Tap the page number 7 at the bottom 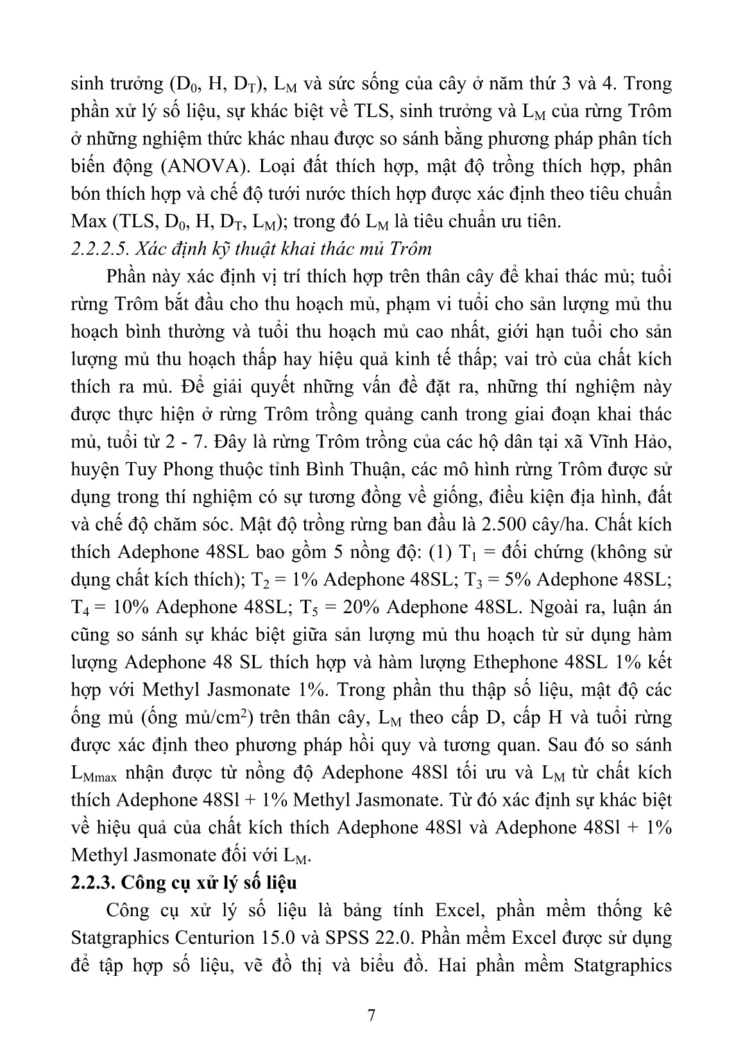371,1015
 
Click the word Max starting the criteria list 89,221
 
